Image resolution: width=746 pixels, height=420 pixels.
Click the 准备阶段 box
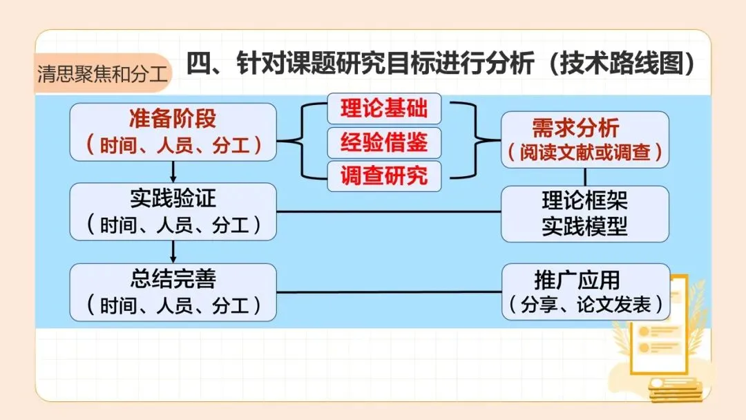pos(173,131)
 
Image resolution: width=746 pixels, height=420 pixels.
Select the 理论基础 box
pos(384,108)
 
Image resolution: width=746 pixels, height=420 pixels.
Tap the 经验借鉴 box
pos(384,142)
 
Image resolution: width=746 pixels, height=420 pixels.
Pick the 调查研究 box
pos(384,175)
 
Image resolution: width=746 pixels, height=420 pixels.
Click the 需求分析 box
pos(584,139)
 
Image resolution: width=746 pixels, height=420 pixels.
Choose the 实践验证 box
pos(173,211)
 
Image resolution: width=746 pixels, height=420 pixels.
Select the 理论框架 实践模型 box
pos(584,213)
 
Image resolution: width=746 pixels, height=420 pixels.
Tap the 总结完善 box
pos(173,292)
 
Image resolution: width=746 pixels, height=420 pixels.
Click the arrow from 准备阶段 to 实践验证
pos(173,171)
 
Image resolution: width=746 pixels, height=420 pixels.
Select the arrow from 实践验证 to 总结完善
pos(173,251)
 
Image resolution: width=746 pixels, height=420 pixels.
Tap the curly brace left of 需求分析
pos(476,141)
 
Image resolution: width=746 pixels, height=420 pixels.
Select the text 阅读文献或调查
pos(584,152)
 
